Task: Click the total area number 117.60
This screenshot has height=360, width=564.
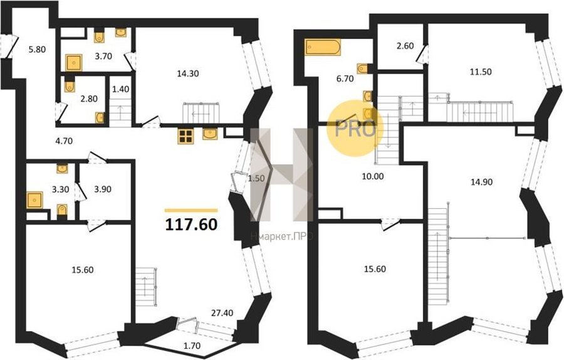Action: [191, 225]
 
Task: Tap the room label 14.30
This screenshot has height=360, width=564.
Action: [188, 73]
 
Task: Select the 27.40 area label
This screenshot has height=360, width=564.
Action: [222, 313]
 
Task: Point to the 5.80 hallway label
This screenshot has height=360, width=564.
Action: [37, 49]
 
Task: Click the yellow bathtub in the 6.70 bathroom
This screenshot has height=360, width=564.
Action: [323, 47]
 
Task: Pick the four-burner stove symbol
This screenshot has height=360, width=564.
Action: [185, 136]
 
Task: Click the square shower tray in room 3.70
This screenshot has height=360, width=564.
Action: [74, 63]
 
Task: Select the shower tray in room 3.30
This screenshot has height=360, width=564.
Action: [35, 200]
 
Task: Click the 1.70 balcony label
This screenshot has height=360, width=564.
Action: [192, 346]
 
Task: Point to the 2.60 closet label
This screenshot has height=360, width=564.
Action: [405, 46]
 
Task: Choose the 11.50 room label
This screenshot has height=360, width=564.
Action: [481, 71]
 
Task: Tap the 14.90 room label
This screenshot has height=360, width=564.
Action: [482, 182]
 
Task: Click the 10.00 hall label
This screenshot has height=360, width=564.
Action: [373, 176]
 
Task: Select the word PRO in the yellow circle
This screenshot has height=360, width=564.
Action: [355, 129]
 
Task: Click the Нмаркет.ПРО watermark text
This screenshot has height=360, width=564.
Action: [281, 236]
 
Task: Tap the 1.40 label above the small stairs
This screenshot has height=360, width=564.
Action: [120, 89]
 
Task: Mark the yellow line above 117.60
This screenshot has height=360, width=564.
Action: [191, 211]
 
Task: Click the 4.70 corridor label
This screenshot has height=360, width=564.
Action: [64, 141]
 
